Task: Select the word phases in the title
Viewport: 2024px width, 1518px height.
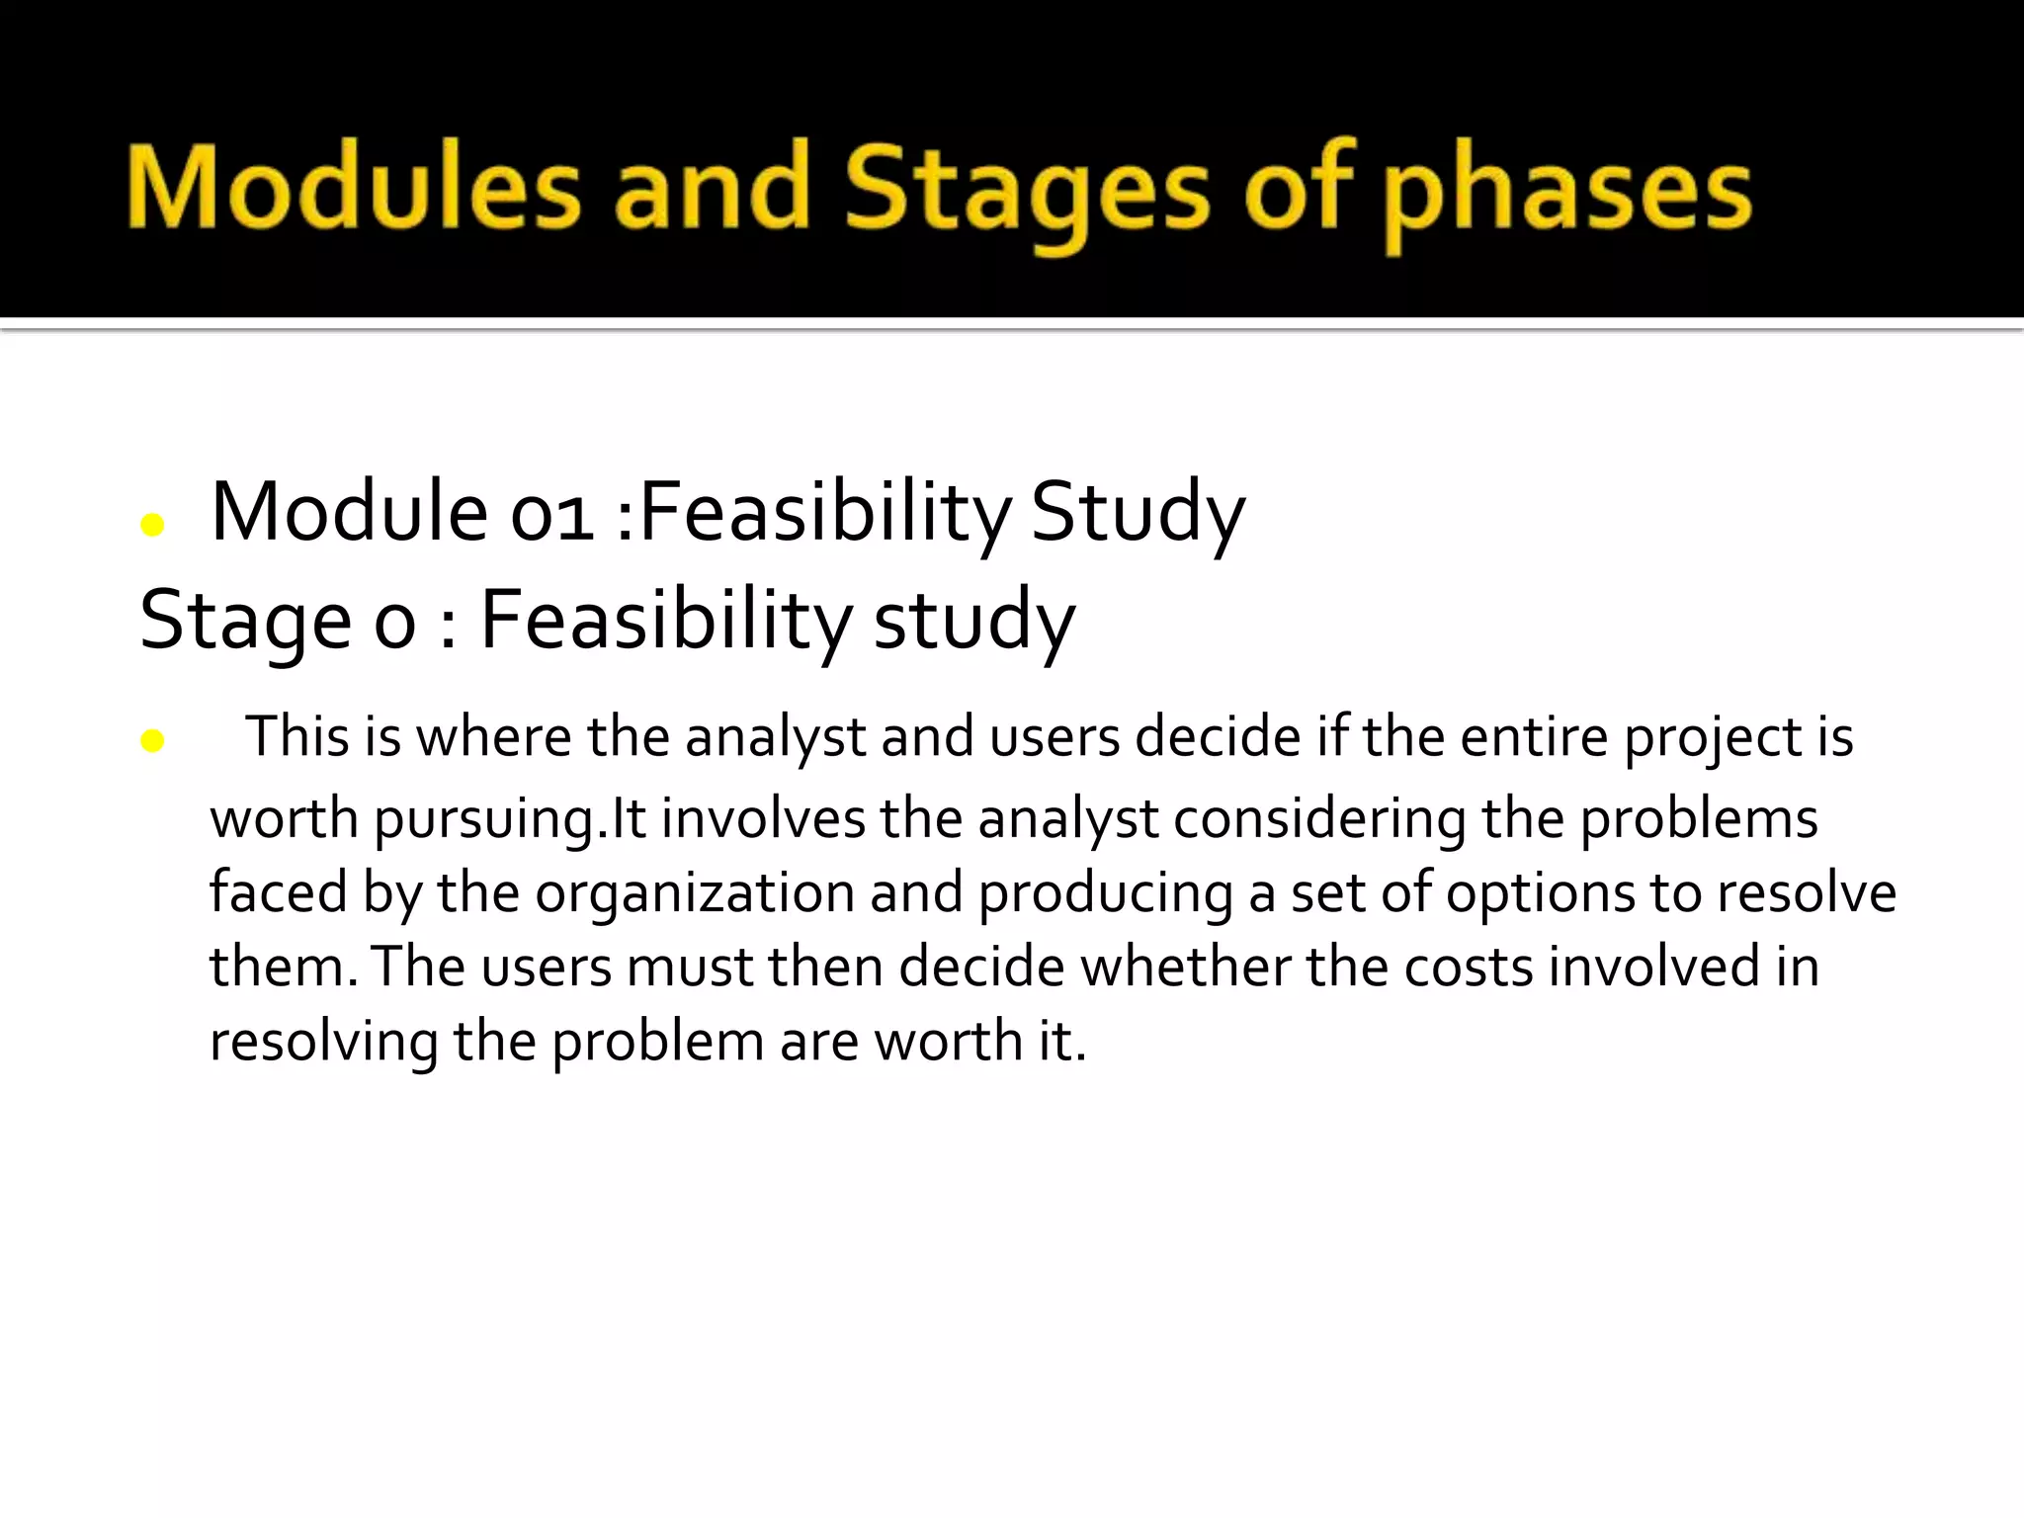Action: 1566,193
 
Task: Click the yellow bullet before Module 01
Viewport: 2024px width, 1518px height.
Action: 152,525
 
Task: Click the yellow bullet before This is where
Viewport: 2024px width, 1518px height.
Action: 152,740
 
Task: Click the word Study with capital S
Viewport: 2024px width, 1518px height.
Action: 1137,514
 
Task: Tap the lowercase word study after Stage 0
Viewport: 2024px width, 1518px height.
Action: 973,623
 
